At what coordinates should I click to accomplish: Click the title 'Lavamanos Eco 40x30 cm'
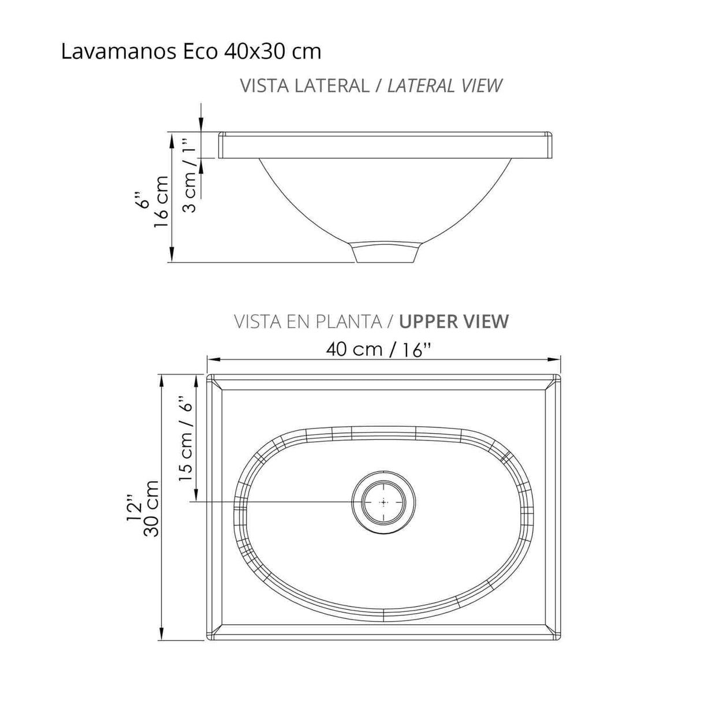[191, 52]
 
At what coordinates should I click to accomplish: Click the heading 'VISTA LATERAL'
[304, 85]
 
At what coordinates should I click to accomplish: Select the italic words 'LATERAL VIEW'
[444, 85]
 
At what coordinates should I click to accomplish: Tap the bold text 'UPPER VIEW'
[454, 321]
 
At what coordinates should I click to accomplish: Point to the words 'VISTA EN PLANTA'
[307, 321]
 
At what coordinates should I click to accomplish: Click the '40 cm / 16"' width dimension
[379, 349]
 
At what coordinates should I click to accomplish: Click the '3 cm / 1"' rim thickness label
[190, 175]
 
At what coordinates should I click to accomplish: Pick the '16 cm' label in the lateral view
[162, 202]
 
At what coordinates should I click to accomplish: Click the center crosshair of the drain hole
[383, 502]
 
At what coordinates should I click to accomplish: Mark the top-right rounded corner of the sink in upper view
[557, 378]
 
